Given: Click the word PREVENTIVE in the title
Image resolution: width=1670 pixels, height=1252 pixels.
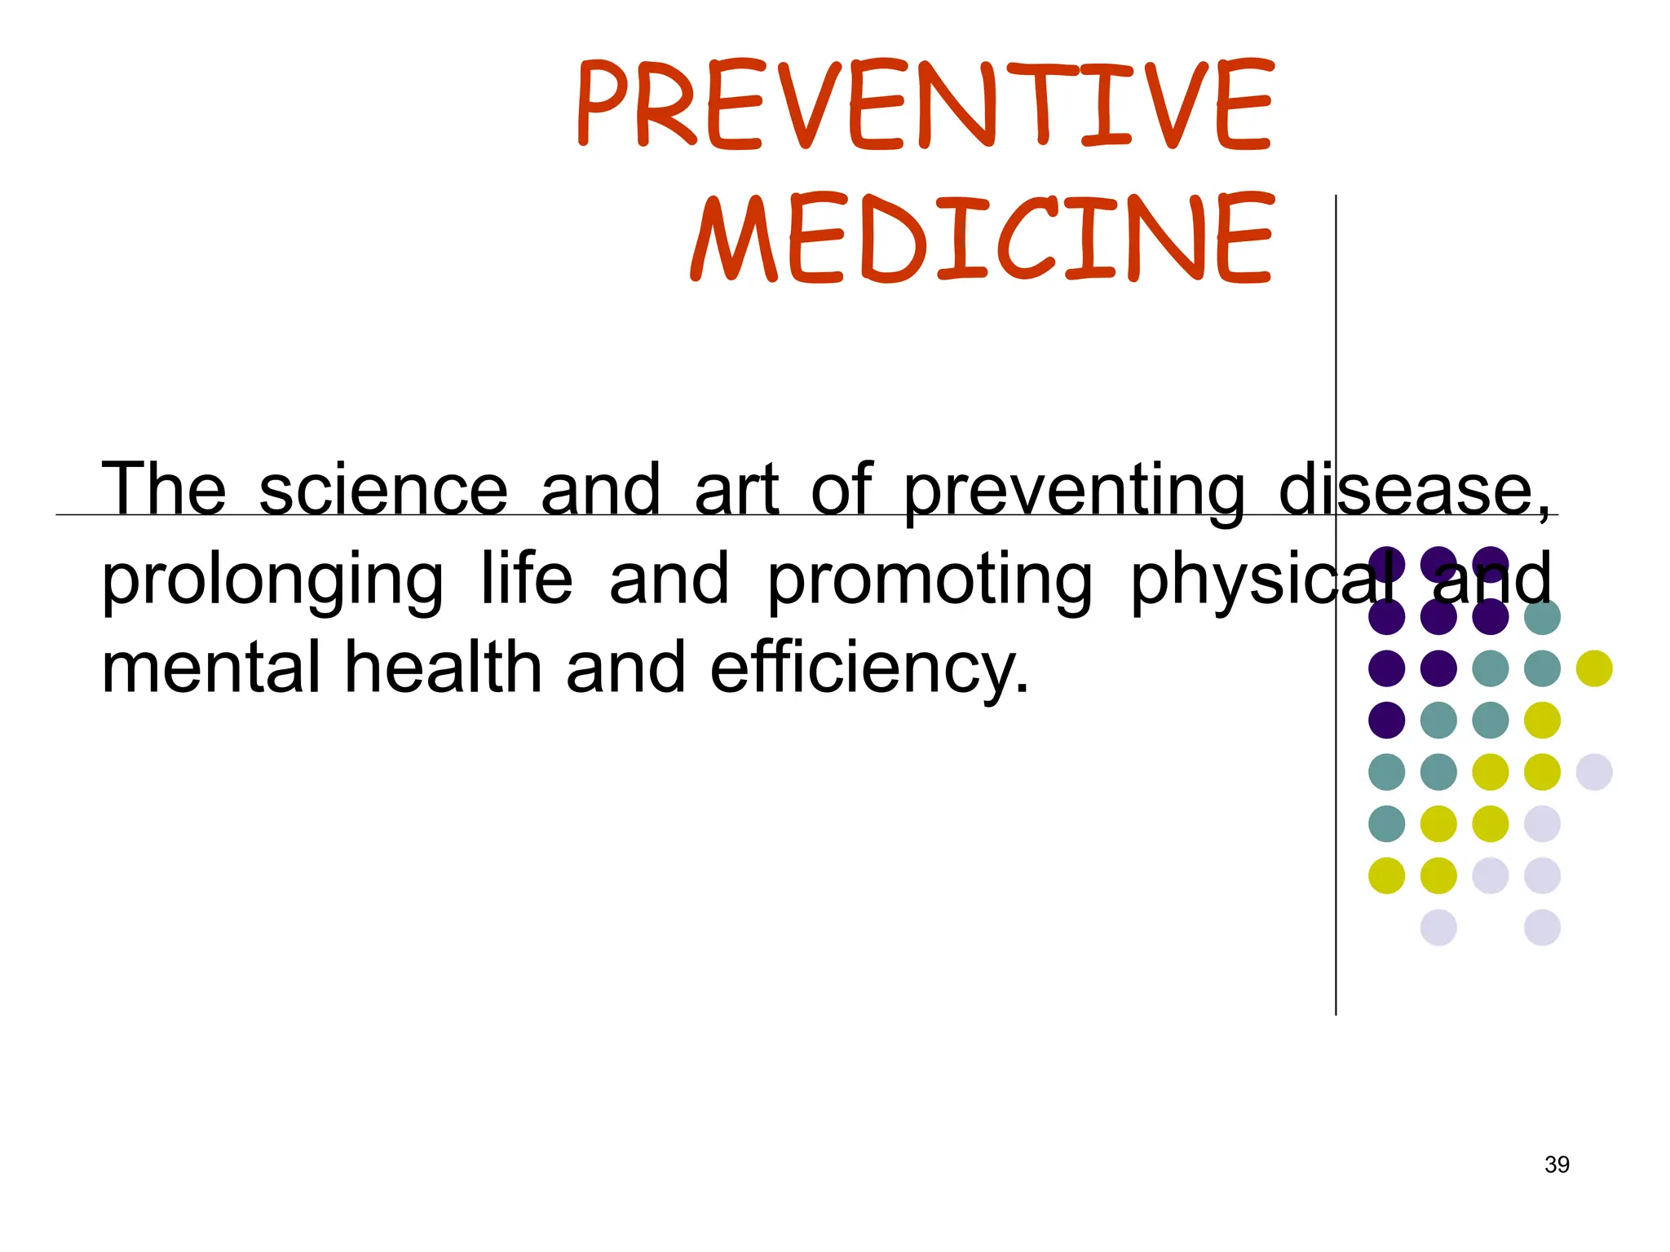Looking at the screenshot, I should click(925, 104).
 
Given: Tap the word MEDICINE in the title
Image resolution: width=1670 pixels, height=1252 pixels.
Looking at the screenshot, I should click(982, 238).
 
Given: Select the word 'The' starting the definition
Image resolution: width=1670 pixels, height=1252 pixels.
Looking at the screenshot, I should click(163, 489).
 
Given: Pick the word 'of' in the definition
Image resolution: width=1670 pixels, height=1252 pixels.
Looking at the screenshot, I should click(842, 489).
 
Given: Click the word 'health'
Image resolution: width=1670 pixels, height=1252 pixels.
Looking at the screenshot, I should click(444, 667).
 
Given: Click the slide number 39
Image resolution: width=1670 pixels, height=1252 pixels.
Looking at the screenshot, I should click(1557, 1165).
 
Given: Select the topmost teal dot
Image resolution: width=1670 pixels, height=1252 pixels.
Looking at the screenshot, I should click(1542, 617).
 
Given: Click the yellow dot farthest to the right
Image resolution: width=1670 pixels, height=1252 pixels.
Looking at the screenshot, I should click(1594, 668).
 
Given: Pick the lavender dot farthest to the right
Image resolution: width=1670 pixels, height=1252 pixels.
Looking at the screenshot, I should click(1594, 772).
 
